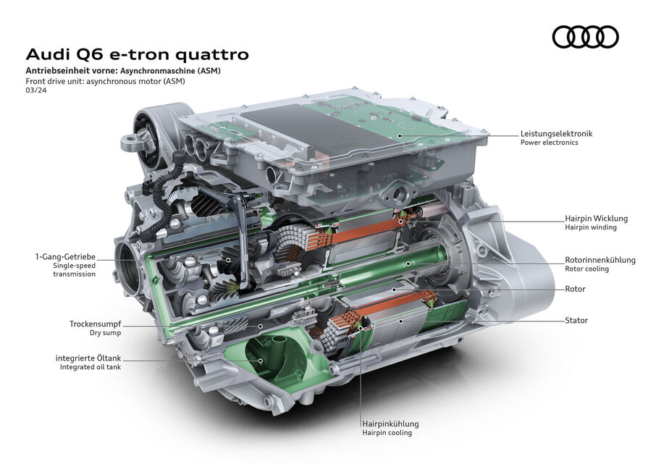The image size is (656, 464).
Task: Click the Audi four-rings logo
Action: pyautogui.click(x=585, y=37)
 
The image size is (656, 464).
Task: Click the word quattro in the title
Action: pyautogui.click(x=212, y=54)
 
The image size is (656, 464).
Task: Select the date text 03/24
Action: pyautogui.click(x=36, y=90)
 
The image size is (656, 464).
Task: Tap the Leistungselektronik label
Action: pyautogui.click(x=556, y=134)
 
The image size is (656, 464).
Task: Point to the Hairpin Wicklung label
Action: pyautogui.click(x=596, y=219)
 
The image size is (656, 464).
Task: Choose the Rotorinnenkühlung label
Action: pyautogui.click(x=600, y=260)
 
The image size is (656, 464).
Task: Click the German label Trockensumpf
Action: pyautogui.click(x=96, y=324)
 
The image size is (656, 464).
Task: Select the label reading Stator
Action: pyautogui.click(x=576, y=321)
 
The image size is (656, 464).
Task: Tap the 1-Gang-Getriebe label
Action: pyautogui.click(x=65, y=257)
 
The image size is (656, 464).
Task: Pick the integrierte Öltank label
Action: pyautogui.click(x=88, y=358)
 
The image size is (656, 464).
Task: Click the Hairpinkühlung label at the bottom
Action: pyautogui.click(x=390, y=424)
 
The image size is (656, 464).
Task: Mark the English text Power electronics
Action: pyautogui.click(x=550, y=143)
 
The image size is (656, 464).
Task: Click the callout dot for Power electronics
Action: pyautogui.click(x=400, y=135)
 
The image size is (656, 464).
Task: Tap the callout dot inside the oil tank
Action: pyautogui.click(x=260, y=360)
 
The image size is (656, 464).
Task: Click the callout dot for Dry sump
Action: pyautogui.click(x=260, y=326)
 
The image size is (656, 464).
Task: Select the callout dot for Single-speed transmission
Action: pyautogui.click(x=228, y=260)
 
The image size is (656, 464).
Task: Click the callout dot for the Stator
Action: pyautogui.click(x=401, y=321)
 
